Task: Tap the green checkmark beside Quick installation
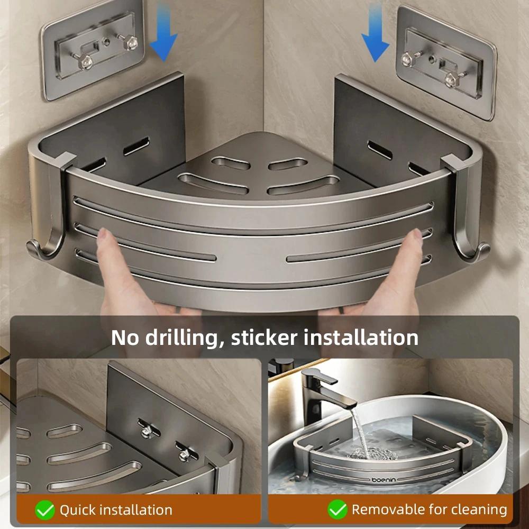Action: [44, 510]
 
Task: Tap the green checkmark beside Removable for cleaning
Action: [337, 510]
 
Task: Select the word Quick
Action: [78, 510]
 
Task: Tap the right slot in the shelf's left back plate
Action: [136, 146]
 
